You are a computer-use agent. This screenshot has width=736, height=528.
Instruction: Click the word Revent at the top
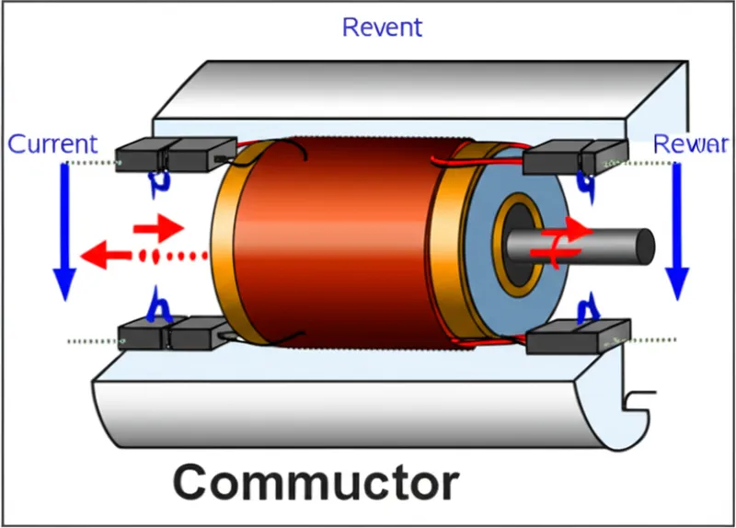tap(382, 27)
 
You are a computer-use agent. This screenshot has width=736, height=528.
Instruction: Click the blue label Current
tap(52, 144)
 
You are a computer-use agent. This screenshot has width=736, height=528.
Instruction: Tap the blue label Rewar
tap(690, 143)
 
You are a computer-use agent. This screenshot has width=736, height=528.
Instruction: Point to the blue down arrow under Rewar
tap(677, 230)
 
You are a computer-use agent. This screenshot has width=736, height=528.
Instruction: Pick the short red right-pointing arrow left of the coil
tap(158, 225)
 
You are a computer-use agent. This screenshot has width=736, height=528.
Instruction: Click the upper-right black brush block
tap(576, 156)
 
